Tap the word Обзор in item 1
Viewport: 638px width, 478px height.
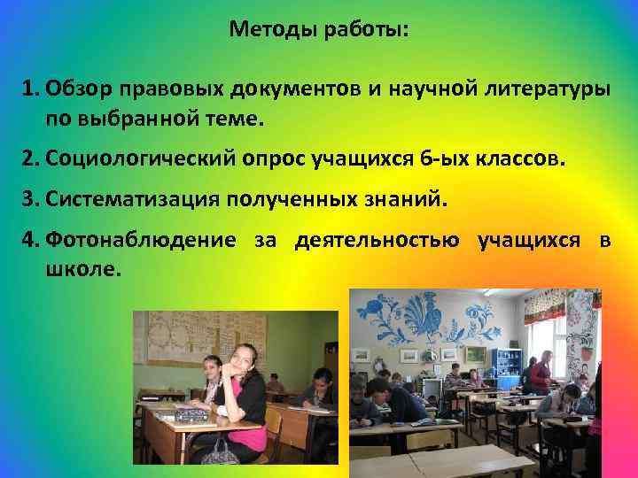point(79,89)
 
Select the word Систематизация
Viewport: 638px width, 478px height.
point(135,200)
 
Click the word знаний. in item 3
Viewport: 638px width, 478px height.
point(411,200)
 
